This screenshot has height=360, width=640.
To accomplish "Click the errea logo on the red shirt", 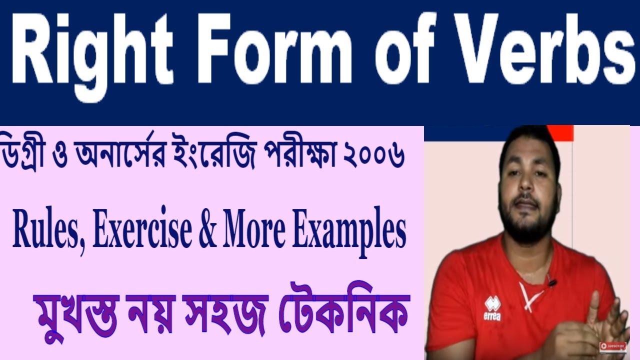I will pos(492,308).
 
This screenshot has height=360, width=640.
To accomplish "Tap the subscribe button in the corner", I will pos(613,345).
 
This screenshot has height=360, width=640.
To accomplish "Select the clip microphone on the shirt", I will pos(552,283).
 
